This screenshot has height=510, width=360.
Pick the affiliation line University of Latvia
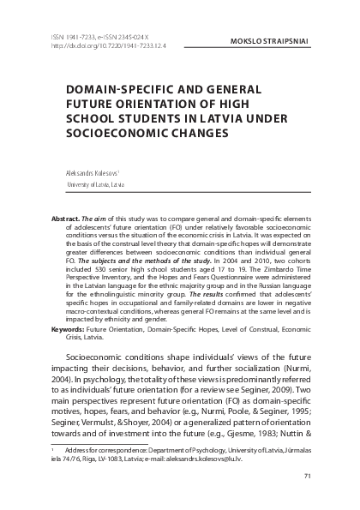(95, 183)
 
